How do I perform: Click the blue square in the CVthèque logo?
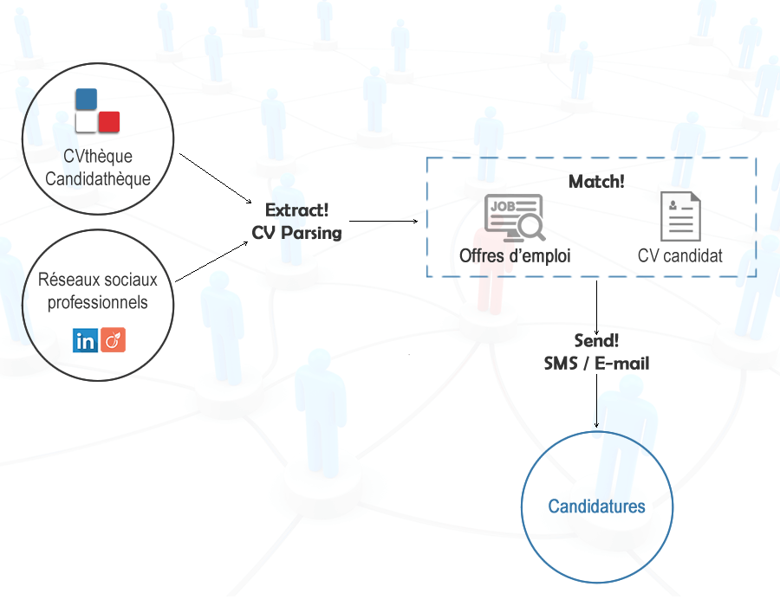[x=86, y=100]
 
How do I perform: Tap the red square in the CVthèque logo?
[x=108, y=122]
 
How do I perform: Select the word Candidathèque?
[x=98, y=179]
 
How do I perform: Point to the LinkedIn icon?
[x=85, y=341]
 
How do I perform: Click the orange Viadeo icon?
[x=113, y=341]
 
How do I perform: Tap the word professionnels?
[x=98, y=302]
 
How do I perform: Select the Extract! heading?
[x=296, y=210]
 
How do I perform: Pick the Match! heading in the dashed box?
[x=597, y=182]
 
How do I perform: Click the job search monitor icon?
[x=514, y=216]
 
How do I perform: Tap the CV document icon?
[x=680, y=216]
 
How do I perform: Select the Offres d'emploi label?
[x=515, y=255]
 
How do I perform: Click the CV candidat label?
[x=680, y=255]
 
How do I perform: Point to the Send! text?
[x=597, y=339]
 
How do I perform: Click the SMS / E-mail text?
[x=597, y=364]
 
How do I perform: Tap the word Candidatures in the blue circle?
[x=597, y=506]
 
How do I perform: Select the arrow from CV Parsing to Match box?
[x=383, y=222]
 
